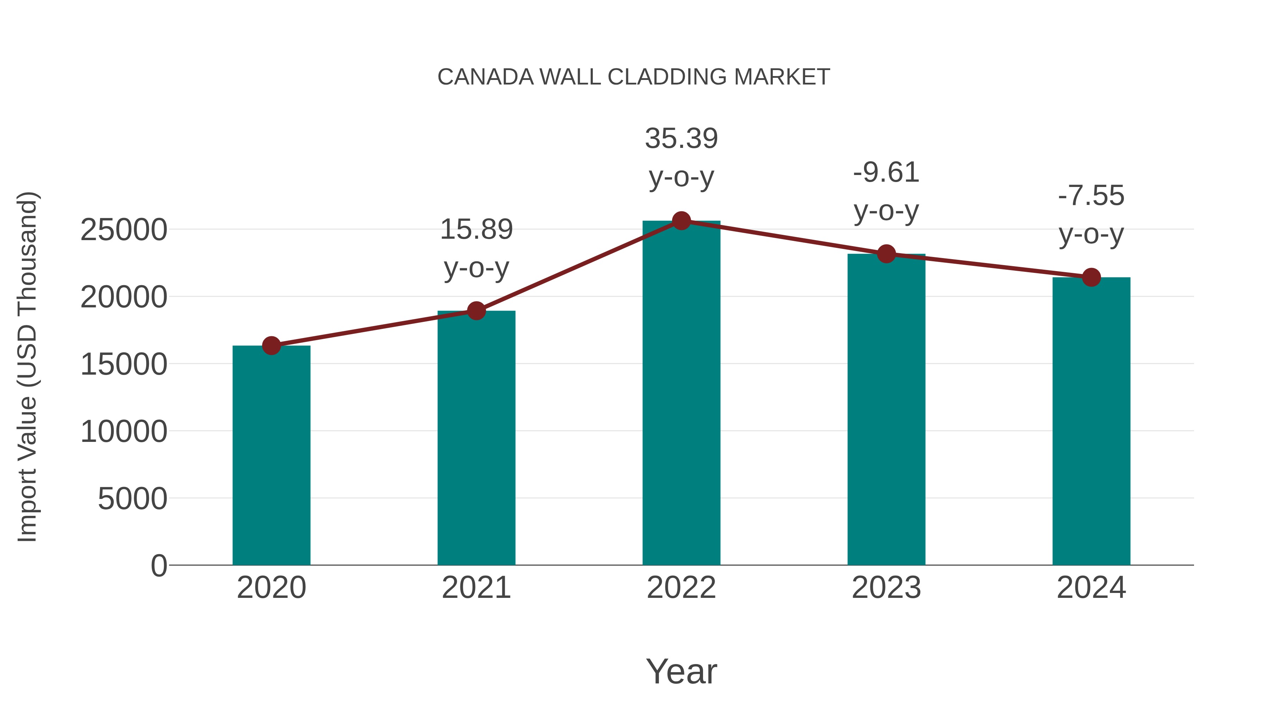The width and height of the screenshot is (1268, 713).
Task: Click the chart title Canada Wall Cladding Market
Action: (x=634, y=77)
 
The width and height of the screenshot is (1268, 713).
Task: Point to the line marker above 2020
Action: (x=271, y=346)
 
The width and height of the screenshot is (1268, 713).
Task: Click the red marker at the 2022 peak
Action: (x=681, y=221)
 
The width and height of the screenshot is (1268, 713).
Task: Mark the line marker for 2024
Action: (x=1091, y=277)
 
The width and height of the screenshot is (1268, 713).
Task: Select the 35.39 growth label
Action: (x=681, y=139)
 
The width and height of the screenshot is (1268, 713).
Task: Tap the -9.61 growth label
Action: (x=886, y=173)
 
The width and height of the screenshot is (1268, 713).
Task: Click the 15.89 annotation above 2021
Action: (x=476, y=230)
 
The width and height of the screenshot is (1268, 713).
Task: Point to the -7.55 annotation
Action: (x=1091, y=196)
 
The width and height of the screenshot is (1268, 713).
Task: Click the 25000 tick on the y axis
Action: (x=124, y=230)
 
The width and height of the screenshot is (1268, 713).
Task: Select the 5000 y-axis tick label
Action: (x=132, y=499)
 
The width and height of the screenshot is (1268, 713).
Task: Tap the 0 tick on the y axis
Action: (x=158, y=566)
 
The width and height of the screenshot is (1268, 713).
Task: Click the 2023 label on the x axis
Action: (x=886, y=588)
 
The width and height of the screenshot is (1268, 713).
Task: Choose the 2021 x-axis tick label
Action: (x=476, y=588)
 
